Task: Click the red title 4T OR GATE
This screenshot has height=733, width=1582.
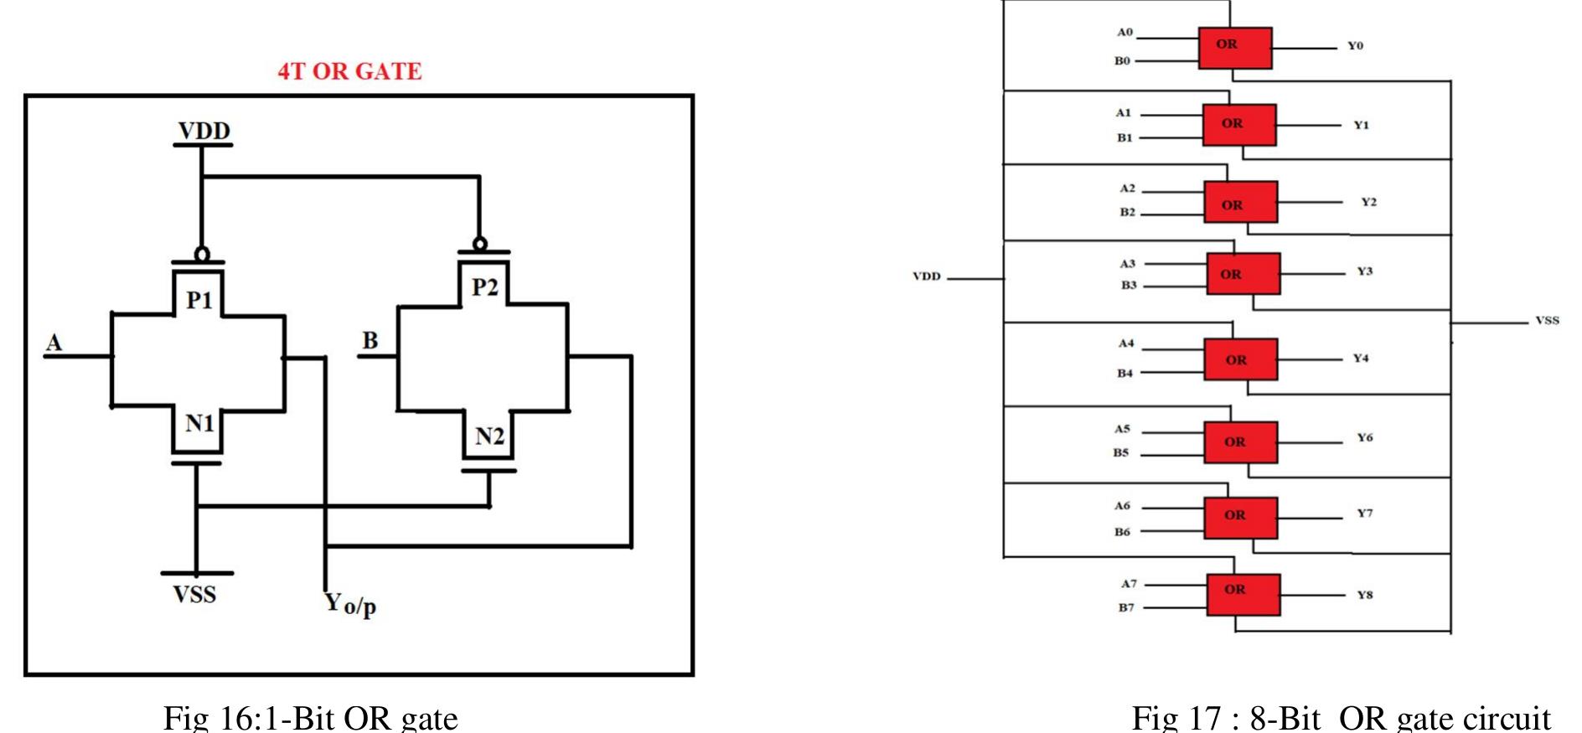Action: tap(349, 72)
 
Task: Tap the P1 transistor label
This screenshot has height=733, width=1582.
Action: tap(199, 299)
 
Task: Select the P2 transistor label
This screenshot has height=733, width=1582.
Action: tap(484, 287)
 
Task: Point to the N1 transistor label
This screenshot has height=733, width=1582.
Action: tap(199, 424)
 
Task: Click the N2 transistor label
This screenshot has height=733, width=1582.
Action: tap(489, 436)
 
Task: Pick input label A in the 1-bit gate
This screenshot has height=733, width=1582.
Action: tap(54, 343)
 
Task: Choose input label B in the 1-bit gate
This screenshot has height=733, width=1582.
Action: tap(370, 340)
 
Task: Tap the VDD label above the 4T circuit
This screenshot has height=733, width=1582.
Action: tap(204, 132)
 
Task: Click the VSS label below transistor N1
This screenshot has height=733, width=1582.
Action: tap(195, 595)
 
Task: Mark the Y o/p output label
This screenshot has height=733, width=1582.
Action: tap(350, 603)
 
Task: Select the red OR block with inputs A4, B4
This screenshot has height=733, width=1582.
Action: tap(1241, 359)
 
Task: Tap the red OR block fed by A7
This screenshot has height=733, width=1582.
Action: tap(1243, 595)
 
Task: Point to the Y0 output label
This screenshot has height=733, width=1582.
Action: tap(1355, 46)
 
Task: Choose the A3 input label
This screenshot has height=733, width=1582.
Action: tap(1128, 264)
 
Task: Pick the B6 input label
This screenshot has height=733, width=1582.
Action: tap(1122, 532)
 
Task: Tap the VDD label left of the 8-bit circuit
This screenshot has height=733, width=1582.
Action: tap(926, 276)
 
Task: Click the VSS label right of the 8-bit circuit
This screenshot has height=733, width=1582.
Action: tap(1547, 320)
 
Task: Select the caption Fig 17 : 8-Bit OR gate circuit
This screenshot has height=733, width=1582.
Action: tap(1341, 718)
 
